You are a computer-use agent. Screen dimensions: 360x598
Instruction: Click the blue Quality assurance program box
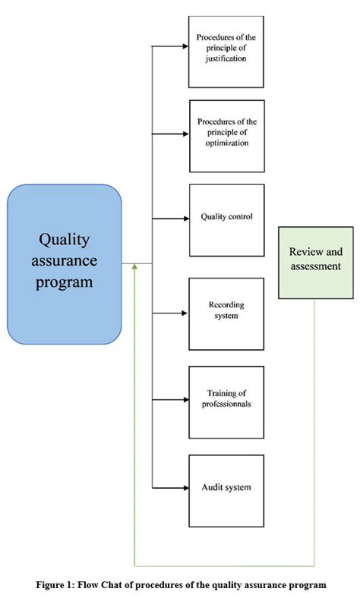click(64, 264)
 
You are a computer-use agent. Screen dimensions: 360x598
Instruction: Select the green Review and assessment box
click(316, 263)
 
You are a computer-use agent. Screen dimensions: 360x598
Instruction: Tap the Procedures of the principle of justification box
click(226, 52)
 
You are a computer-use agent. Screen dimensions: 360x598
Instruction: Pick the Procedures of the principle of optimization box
click(227, 136)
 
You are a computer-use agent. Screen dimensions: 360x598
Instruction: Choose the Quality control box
click(227, 220)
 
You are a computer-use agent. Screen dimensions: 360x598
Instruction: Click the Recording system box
click(226, 314)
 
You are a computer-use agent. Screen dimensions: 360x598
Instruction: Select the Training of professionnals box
click(226, 402)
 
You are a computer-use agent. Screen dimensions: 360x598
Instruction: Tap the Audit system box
click(226, 491)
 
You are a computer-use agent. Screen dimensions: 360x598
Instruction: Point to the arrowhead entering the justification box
click(185, 46)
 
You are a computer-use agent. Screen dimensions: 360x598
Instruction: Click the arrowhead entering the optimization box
click(186, 134)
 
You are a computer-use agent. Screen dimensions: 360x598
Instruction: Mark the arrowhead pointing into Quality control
click(186, 219)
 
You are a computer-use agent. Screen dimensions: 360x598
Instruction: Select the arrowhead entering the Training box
click(186, 400)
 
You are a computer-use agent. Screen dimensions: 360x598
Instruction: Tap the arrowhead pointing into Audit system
click(186, 488)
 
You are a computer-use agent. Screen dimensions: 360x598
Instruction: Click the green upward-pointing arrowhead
click(134, 266)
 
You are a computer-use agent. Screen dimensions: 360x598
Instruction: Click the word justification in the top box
click(226, 58)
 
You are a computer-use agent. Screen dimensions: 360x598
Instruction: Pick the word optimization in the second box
click(227, 143)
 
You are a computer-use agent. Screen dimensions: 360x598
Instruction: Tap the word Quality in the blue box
click(64, 241)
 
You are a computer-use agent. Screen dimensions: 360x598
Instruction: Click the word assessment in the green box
click(316, 266)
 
